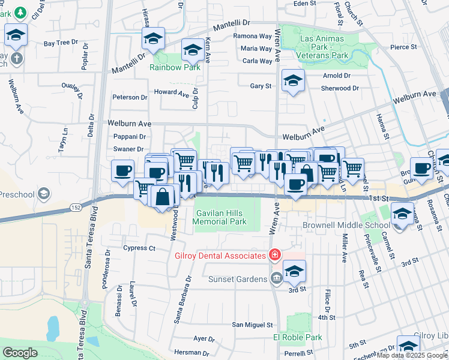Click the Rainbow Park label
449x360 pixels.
click(x=175, y=67)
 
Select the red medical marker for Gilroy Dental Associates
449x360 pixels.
click(x=274, y=255)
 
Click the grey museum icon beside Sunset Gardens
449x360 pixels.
click(x=276, y=278)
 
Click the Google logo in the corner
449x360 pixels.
click(x=20, y=352)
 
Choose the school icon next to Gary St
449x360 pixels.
click(x=293, y=81)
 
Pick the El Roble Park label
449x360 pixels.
click(x=298, y=337)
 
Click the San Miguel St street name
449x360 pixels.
click(x=253, y=325)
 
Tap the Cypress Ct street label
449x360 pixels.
click(x=139, y=248)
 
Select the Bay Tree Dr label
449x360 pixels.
click(x=61, y=43)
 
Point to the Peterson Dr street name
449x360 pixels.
click(x=130, y=97)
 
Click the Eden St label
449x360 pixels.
click(x=305, y=4)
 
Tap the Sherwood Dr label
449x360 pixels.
click(x=340, y=88)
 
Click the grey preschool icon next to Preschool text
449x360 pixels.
click(x=43, y=194)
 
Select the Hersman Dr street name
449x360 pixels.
click(x=190, y=352)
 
